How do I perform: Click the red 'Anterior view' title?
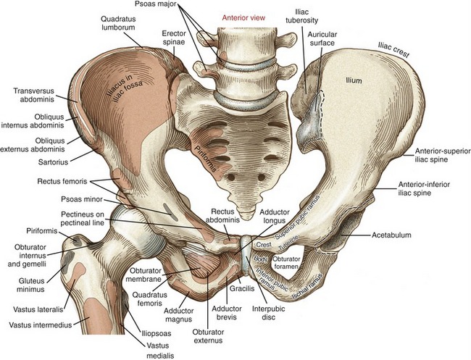pos(243,17)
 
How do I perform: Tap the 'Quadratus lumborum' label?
pos(118,23)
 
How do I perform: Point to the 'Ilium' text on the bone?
pos(354,80)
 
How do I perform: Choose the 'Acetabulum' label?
pos(391,235)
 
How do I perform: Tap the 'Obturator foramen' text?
pos(286,262)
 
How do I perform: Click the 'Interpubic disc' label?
pos(269,313)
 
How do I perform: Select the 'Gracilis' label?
pos(242,288)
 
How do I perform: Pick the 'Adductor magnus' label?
pos(179,315)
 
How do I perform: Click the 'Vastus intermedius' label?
pos(41,325)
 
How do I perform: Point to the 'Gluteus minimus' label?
pos(32,285)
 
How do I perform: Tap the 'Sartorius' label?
pos(53,162)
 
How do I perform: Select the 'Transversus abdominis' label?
pos(33,95)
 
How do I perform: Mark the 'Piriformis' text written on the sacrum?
pos(206,159)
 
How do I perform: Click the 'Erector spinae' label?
pos(174,38)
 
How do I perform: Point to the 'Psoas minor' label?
pos(82,199)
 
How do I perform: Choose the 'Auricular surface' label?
pos(322,38)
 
